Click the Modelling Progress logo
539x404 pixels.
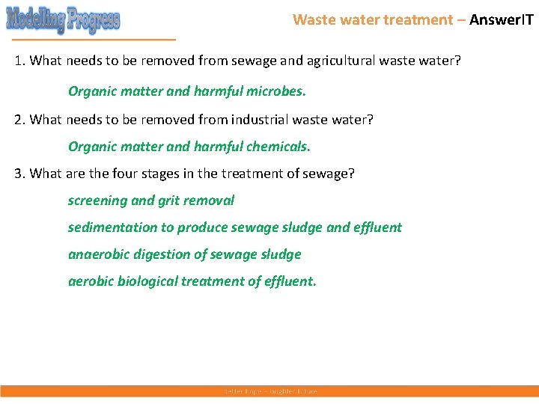click(x=63, y=19)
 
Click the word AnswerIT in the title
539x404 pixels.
click(x=501, y=19)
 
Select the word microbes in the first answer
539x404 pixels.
click(x=278, y=92)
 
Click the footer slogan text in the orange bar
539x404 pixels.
click(x=270, y=391)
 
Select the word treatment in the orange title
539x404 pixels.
click(x=417, y=19)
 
